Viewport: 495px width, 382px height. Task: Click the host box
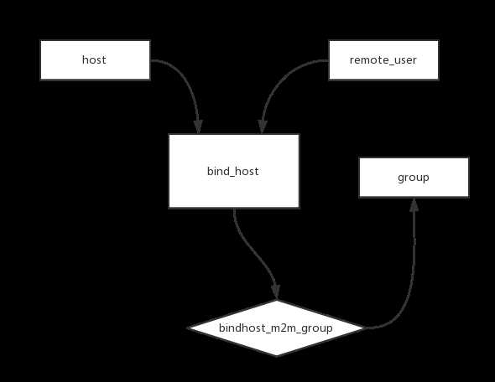[95, 59]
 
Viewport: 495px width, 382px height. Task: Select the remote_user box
[383, 59]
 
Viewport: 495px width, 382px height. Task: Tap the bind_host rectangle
[234, 171]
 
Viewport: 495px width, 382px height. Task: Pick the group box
[414, 178]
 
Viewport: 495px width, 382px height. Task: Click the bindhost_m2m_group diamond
[277, 328]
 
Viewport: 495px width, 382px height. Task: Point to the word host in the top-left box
[94, 59]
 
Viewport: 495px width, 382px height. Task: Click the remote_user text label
[383, 59]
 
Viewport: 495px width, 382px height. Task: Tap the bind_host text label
[233, 171]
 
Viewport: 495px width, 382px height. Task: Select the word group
[414, 178]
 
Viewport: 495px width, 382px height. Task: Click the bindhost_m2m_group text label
[275, 328]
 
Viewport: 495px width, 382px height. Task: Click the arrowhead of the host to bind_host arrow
[198, 126]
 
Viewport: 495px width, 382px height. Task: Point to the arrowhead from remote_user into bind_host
[262, 126]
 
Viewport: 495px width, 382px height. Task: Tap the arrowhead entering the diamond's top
[276, 292]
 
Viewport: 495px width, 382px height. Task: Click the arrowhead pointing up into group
[414, 205]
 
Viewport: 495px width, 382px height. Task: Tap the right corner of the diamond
[366, 328]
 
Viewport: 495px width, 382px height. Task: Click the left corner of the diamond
[188, 328]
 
